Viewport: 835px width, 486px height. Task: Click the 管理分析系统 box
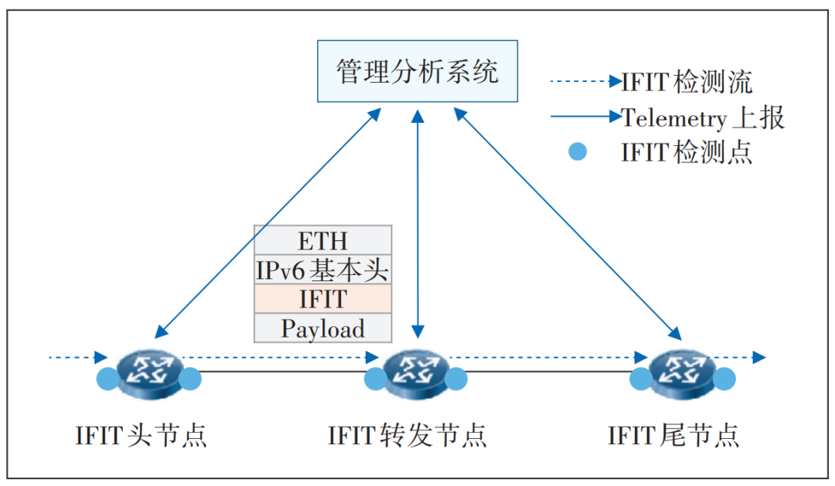(x=417, y=72)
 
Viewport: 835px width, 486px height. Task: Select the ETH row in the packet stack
(x=323, y=240)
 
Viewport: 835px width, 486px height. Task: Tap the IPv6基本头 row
(x=323, y=270)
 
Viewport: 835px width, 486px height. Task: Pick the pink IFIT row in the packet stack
(x=323, y=299)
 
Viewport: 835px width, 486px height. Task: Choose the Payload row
(x=323, y=328)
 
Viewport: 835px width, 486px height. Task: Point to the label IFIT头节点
(x=141, y=435)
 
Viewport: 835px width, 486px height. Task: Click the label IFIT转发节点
(x=407, y=435)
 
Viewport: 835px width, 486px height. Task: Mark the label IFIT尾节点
(x=673, y=435)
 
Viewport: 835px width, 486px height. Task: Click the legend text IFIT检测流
(x=687, y=81)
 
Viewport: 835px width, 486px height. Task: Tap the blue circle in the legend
(x=577, y=152)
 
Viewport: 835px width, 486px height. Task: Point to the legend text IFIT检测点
(x=687, y=152)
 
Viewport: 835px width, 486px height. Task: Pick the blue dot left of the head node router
(x=107, y=379)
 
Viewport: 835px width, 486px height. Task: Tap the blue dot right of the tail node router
(x=724, y=379)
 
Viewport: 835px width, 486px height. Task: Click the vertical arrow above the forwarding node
(x=417, y=224)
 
